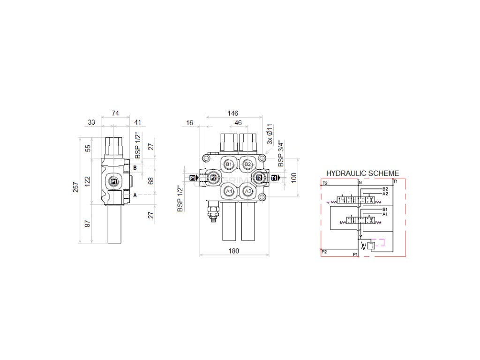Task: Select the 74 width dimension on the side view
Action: pyautogui.click(x=115, y=113)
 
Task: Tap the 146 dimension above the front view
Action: pyautogui.click(x=232, y=113)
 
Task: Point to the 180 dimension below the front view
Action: pyautogui.click(x=234, y=251)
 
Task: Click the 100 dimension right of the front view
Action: pyautogui.click(x=294, y=178)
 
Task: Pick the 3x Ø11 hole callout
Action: pyautogui.click(x=269, y=134)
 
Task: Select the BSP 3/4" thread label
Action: pyautogui.click(x=281, y=154)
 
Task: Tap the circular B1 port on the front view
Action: pyautogui.click(x=229, y=164)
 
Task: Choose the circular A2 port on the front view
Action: pyautogui.click(x=248, y=191)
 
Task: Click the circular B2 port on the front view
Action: pyautogui.click(x=248, y=164)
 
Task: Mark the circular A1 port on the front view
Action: pyautogui.click(x=229, y=191)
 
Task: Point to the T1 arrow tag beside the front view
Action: pyautogui.click(x=276, y=178)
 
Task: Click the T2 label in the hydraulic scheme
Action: pyautogui.click(x=325, y=183)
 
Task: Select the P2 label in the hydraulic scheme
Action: pyautogui.click(x=324, y=252)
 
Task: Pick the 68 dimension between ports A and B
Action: pyautogui.click(x=150, y=180)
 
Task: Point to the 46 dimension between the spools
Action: pyautogui.click(x=238, y=123)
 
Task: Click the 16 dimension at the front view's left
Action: pyautogui.click(x=189, y=123)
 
